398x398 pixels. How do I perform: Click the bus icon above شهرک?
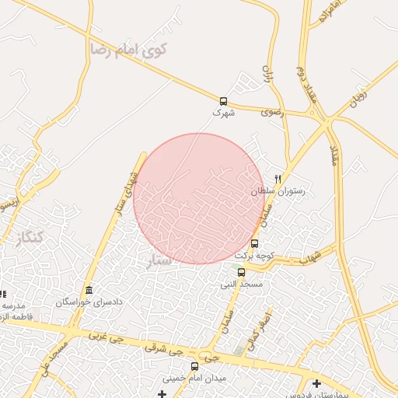pos(223,101)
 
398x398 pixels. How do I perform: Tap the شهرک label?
pos(223,113)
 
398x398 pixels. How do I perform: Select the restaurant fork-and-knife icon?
pos(278,178)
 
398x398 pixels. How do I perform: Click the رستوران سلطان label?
pos(278,190)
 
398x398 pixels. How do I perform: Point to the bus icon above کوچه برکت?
pos(254,243)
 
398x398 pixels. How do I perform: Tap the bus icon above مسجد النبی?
pos(241,272)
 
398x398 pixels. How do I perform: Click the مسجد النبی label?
pos(241,284)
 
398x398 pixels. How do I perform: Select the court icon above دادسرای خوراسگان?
pos(89,290)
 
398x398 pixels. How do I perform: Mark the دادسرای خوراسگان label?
pos(88,302)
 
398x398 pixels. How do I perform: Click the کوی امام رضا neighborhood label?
pos(129,50)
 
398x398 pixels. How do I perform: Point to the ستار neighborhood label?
pos(160,260)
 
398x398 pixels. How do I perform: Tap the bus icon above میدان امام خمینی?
pos(194,366)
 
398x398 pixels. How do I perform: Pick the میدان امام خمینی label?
pos(195,378)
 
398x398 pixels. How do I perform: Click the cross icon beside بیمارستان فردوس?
pos(316,383)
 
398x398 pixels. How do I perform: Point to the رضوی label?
pos(273,113)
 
